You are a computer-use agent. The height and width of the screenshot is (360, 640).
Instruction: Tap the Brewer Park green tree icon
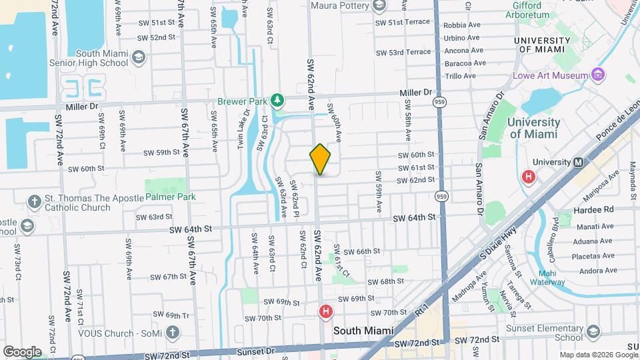(x=277, y=101)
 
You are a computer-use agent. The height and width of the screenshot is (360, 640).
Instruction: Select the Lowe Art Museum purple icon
(x=599, y=75)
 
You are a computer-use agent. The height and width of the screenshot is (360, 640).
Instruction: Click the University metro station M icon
(x=579, y=162)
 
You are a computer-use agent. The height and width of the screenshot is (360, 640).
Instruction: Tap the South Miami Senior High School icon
(x=139, y=58)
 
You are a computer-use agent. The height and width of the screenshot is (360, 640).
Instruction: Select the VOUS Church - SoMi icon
(x=172, y=331)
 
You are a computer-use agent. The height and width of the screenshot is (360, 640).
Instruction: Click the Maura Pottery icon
(x=379, y=7)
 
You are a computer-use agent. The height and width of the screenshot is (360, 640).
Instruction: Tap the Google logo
(x=21, y=351)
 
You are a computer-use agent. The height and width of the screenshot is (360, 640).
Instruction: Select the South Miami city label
(x=363, y=330)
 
